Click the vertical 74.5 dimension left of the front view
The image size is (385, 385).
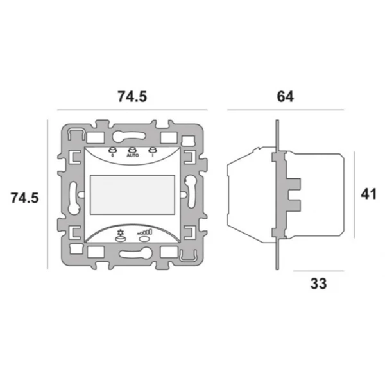pos(25,198)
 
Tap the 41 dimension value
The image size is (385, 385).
pos(369,194)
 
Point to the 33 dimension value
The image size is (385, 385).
pos(318,283)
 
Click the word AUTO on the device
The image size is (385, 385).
pos(133,156)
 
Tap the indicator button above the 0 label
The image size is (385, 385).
pos(112,150)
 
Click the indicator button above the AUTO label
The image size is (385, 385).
pos(133,150)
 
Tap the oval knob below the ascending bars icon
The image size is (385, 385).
pos(145,239)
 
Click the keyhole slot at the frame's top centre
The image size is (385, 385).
pos(132,134)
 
